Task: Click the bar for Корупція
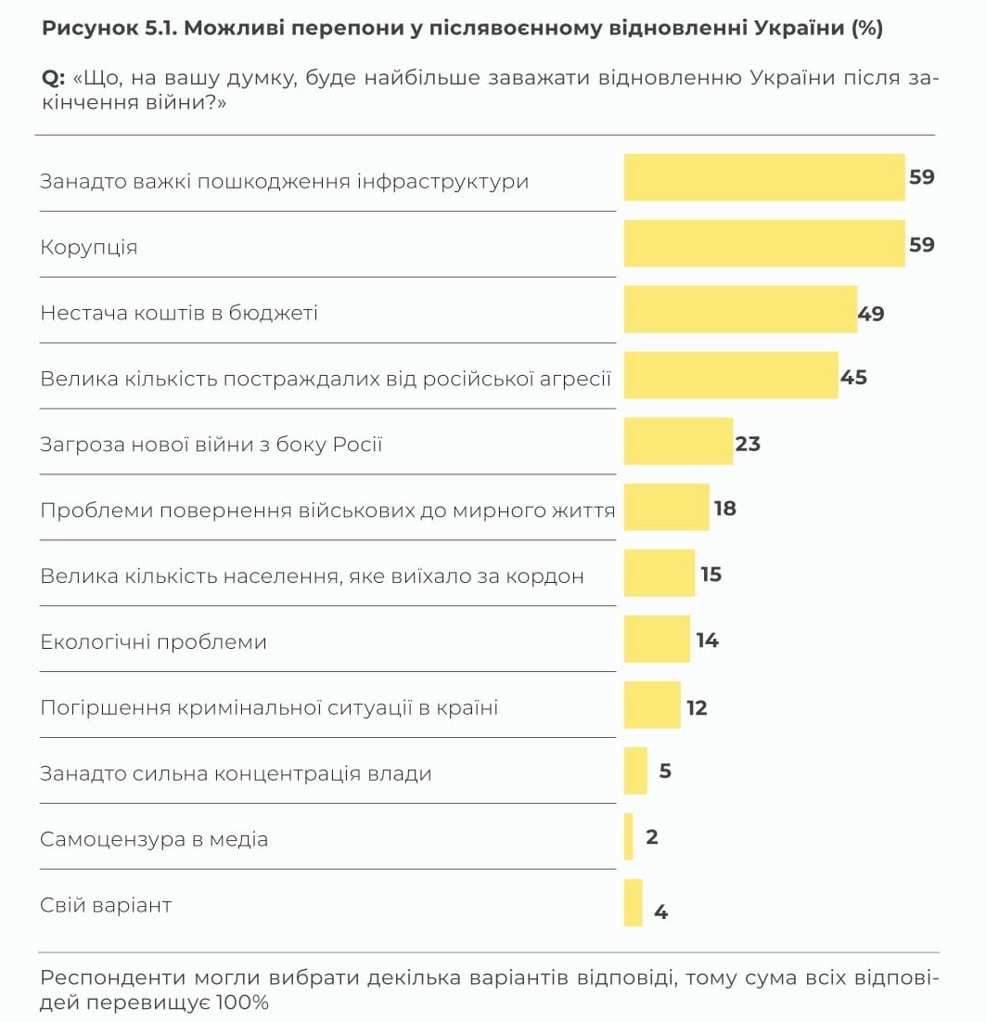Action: click(763, 243)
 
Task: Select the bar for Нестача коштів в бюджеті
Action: click(740, 309)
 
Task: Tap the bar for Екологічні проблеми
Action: click(657, 639)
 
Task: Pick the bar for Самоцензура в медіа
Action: click(629, 836)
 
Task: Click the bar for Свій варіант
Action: click(634, 902)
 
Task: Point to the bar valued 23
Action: click(678, 441)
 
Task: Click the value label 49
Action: click(871, 314)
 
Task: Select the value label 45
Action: click(853, 378)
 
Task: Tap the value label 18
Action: click(725, 509)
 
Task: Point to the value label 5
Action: click(665, 771)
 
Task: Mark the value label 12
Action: click(697, 708)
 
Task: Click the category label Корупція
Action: click(89, 247)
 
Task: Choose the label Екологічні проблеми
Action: click(154, 641)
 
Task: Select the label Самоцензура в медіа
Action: click(154, 839)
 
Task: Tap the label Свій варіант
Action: click(106, 905)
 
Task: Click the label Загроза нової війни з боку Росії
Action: click(211, 445)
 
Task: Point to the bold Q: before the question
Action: click(53, 78)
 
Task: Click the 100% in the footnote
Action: click(242, 1003)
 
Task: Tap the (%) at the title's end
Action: click(867, 28)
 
